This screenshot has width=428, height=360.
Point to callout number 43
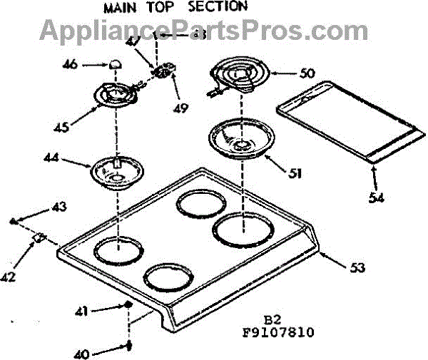[x=58, y=207]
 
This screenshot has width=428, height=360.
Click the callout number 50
[x=287, y=73]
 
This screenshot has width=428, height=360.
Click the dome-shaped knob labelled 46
[x=114, y=65]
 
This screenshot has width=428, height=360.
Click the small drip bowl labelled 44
[x=115, y=171]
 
